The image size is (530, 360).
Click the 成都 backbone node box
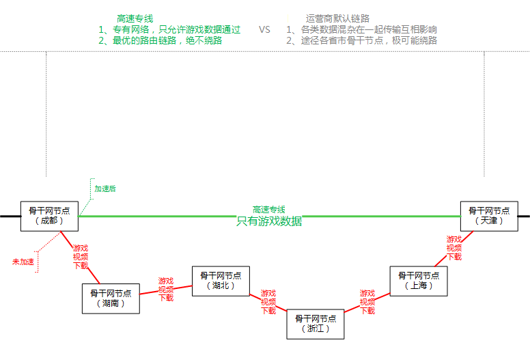[49, 216]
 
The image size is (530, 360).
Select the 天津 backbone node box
[489, 216]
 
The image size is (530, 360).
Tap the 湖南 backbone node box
[111, 299]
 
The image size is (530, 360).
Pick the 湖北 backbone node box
[221, 281]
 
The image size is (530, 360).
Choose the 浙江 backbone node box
[315, 324]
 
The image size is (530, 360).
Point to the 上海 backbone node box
[419, 281]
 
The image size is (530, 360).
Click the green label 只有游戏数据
[269, 221]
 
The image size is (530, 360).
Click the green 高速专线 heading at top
[135, 19]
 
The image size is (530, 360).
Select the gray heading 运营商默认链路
[337, 19]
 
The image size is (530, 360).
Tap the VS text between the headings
[265, 30]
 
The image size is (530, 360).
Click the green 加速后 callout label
[105, 189]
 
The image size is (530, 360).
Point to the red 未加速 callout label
[23, 262]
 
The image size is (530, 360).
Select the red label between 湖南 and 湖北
[166, 290]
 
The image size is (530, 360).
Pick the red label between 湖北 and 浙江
[268, 302]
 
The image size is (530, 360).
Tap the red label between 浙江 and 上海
[367, 302]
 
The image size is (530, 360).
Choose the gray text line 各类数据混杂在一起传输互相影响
[361, 30]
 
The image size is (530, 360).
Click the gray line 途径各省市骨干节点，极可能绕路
[361, 41]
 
